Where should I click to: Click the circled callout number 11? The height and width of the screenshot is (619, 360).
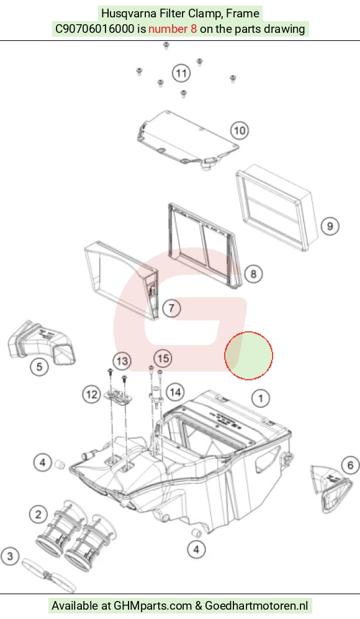tap(181, 73)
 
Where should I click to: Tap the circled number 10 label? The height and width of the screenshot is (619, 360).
tap(240, 130)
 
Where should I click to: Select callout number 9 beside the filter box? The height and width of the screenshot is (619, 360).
tap(330, 226)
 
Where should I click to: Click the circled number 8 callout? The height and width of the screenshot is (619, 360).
tap(253, 274)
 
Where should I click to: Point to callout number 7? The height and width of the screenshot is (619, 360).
tap(171, 308)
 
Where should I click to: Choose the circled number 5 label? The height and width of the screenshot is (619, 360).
tap(39, 367)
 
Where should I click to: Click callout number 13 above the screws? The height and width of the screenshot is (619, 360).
tap(122, 360)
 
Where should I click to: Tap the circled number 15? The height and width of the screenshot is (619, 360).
tap(163, 358)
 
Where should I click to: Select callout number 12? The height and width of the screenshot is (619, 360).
tap(92, 394)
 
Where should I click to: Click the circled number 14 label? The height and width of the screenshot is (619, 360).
tap(175, 392)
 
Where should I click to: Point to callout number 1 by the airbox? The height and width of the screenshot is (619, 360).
tap(261, 398)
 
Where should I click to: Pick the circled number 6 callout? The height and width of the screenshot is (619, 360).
tap(350, 465)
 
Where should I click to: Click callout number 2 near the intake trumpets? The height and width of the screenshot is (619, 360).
tap(38, 514)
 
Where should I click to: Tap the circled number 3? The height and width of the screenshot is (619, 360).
tap(10, 556)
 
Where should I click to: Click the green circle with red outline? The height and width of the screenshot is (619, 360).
tap(248, 355)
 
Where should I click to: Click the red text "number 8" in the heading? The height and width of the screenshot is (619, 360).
tap(173, 29)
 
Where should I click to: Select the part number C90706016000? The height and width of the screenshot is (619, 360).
tap(94, 29)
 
